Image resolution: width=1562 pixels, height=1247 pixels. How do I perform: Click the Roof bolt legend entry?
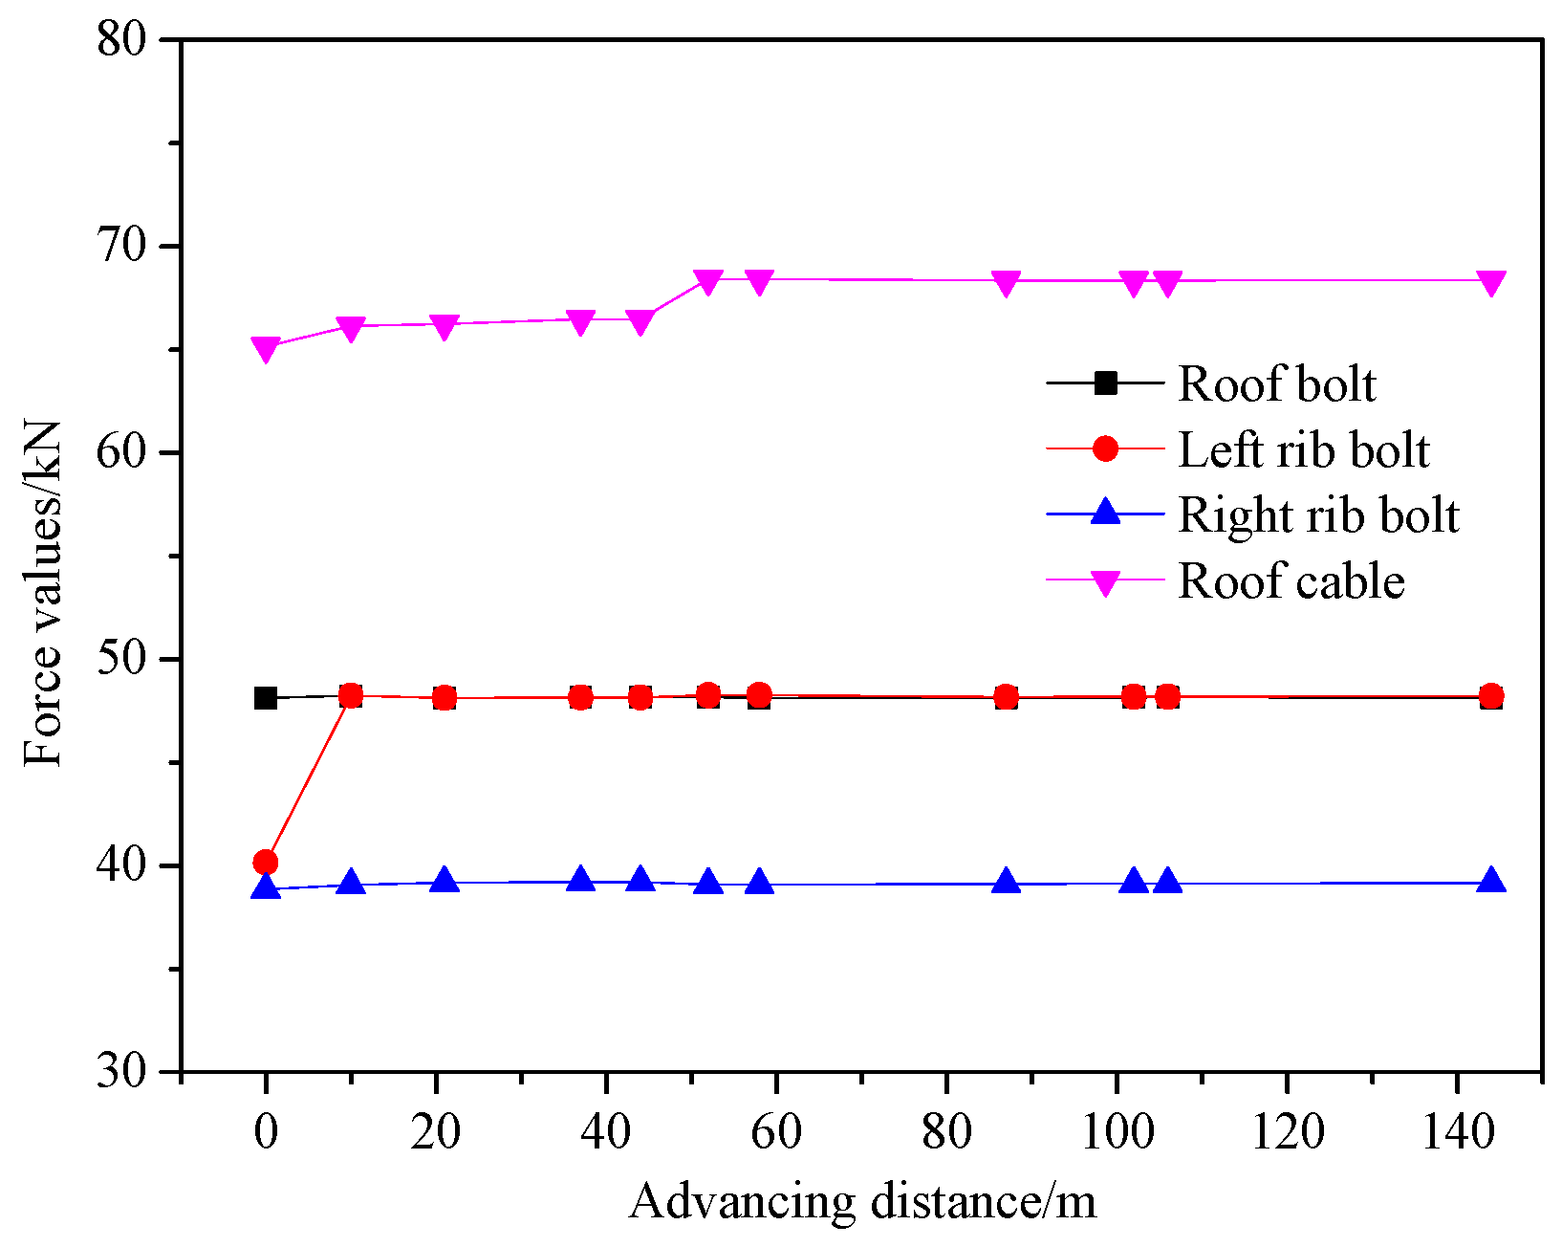1275,384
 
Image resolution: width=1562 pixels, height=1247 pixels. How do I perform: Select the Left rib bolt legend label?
1302,450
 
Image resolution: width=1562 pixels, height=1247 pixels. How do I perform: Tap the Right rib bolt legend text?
1317,515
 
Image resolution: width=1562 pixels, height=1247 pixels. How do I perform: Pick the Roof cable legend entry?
1291,581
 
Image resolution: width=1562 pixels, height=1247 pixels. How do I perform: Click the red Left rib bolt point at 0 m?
266,863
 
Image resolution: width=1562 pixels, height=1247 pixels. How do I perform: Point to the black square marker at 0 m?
266,698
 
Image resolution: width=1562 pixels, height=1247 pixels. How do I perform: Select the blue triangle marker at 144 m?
1491,881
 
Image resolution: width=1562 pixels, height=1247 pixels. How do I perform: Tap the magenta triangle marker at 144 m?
1491,283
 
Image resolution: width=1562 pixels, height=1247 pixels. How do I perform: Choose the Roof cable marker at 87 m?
1006,283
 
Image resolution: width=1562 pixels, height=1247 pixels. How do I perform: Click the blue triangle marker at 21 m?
445,880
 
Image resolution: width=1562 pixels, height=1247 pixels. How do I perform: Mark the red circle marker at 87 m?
1006,697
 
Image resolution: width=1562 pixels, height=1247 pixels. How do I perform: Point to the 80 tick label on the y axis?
122,40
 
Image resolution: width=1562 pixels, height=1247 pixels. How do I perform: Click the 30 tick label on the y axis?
122,1072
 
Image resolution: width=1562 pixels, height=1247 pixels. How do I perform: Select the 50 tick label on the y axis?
122,660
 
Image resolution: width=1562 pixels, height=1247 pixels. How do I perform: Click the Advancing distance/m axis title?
862,1202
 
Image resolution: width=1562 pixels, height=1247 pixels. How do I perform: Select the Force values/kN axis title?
43,593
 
